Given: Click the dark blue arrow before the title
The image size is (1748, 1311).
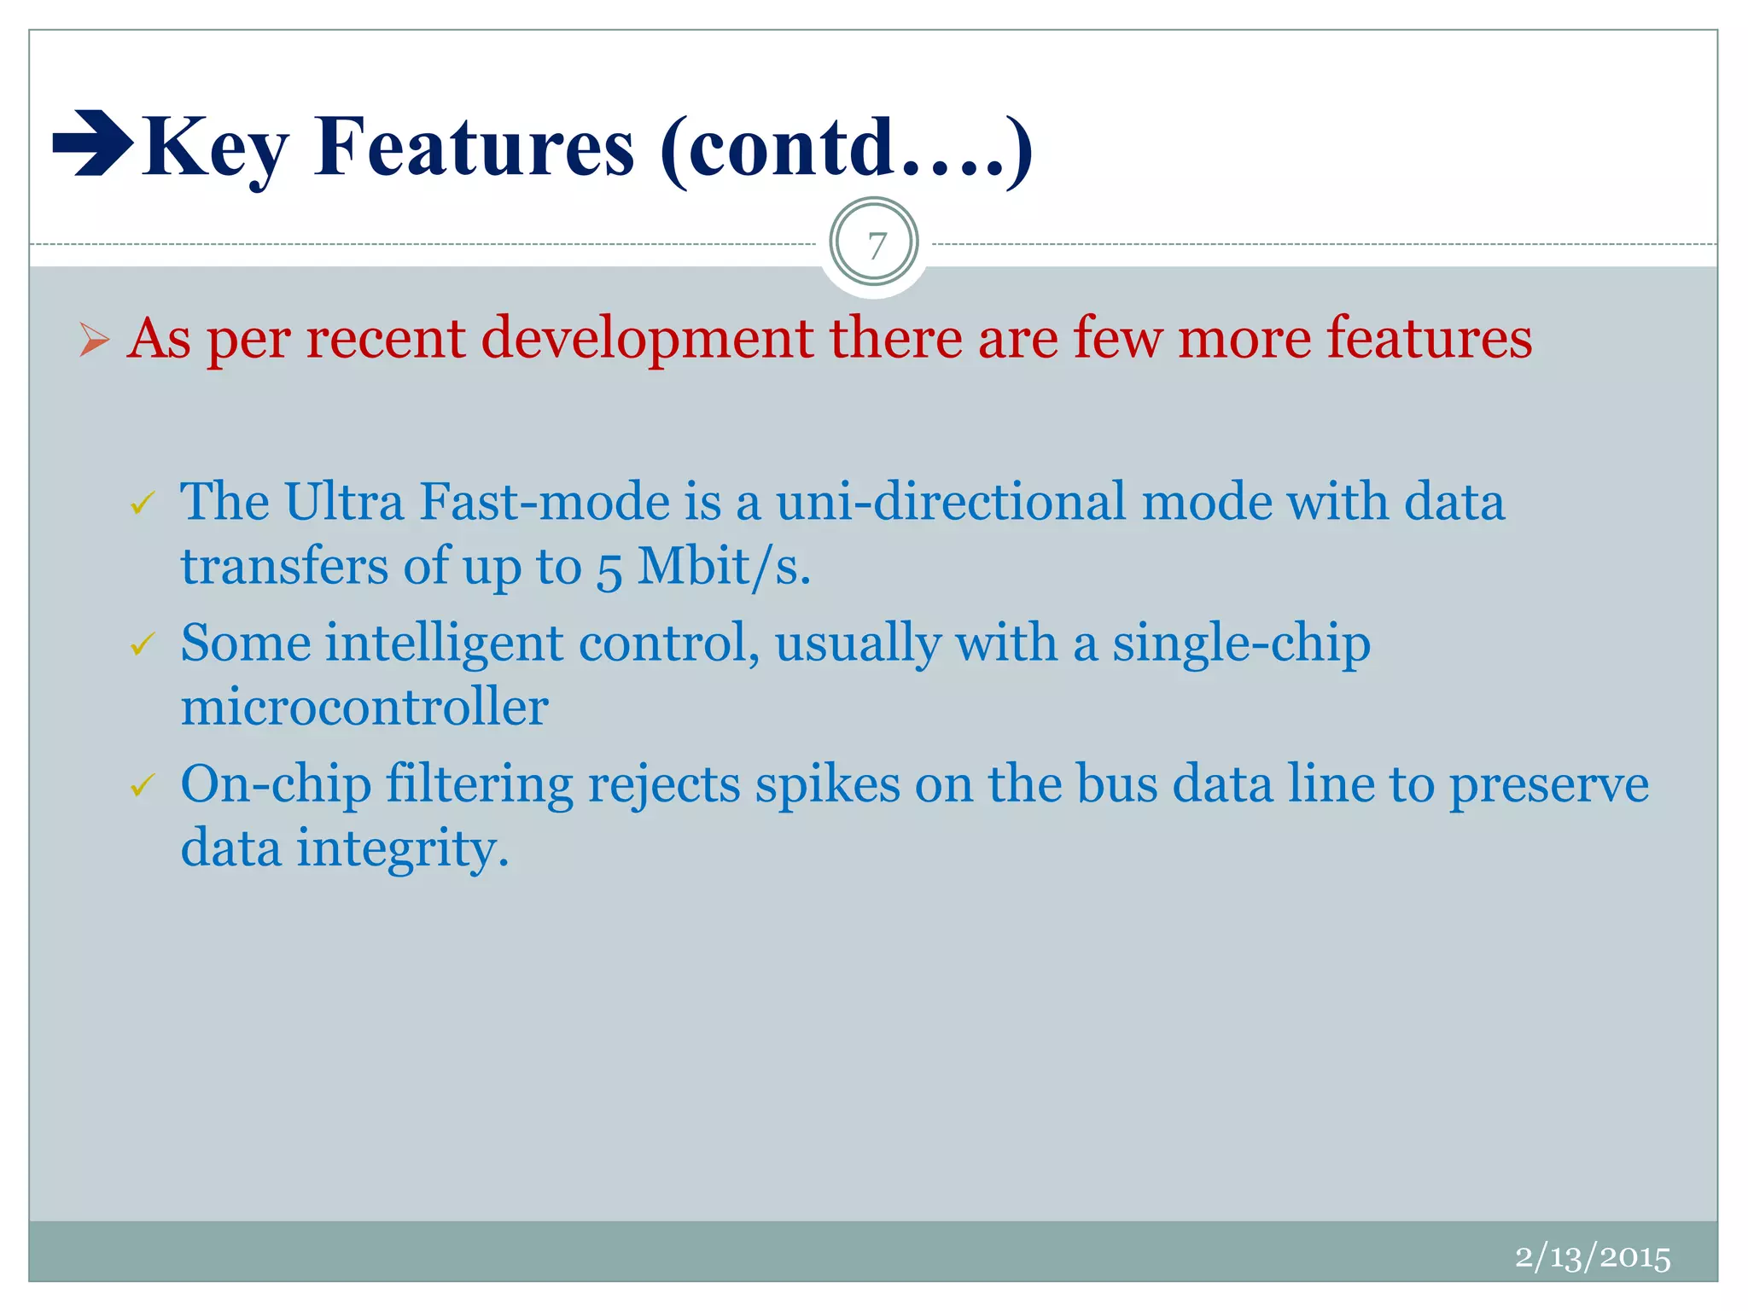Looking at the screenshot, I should point(92,143).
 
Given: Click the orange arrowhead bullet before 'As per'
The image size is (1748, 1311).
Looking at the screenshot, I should point(94,340).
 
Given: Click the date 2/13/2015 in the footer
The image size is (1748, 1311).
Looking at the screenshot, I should point(1592,1257).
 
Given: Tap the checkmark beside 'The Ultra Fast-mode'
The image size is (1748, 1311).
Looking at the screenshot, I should point(143,504).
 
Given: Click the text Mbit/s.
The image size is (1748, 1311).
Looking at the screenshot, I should point(724,567).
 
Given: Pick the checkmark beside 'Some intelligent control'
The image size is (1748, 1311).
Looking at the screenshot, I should point(143,644).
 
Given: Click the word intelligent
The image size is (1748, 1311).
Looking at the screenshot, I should point(444,644).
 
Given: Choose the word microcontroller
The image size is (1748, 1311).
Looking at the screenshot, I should point(364,708).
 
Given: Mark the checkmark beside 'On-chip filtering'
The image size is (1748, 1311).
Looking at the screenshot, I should point(143,785).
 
